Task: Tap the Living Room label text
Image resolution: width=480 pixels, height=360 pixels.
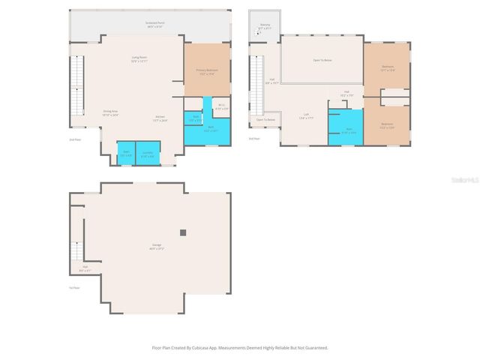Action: tap(139, 58)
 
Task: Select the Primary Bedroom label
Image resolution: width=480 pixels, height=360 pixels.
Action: tap(206, 71)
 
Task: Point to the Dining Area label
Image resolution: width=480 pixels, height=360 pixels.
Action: tap(110, 112)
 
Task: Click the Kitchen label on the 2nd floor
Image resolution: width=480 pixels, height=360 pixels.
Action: tap(160, 118)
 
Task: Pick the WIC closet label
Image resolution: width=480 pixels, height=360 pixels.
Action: tap(221, 107)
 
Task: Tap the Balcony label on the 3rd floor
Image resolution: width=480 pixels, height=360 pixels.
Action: tap(265, 25)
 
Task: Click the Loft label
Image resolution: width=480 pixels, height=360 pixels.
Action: tap(306, 116)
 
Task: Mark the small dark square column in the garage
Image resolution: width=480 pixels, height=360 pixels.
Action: tap(182, 232)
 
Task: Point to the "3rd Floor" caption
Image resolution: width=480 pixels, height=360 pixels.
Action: tap(254, 138)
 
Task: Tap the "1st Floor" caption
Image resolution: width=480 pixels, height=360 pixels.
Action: tap(75, 286)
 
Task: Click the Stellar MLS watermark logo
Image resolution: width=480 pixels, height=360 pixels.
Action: tap(466, 181)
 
